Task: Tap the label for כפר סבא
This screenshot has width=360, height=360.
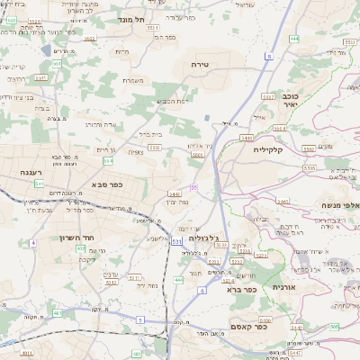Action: pos(105,184)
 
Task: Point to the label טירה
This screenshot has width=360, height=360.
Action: pos(200,65)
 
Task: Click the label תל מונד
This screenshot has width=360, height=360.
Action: pos(130,19)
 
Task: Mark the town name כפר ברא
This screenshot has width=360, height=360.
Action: pos(244,290)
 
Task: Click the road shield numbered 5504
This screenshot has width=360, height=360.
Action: pos(197,154)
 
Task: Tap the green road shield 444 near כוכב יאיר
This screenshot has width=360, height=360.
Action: pos(294,40)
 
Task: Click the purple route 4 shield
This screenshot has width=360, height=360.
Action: pos(33,243)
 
